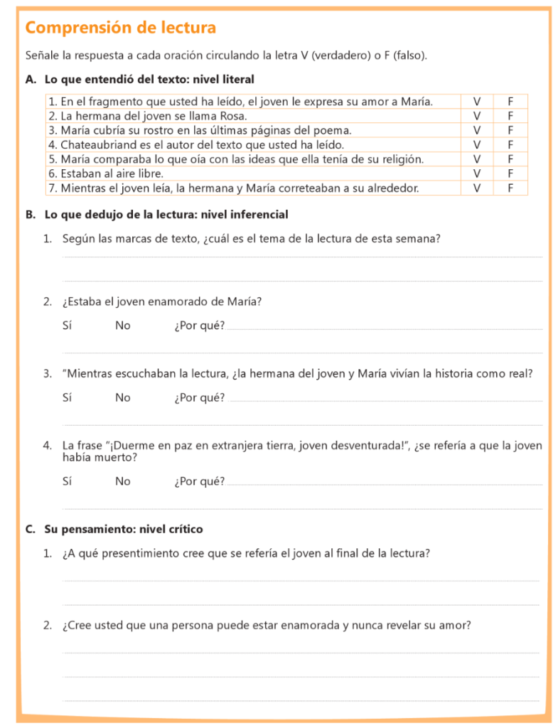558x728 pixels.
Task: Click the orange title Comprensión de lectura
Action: [x=120, y=28]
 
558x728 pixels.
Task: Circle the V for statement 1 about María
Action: [x=477, y=102]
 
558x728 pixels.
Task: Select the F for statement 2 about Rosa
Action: [x=510, y=116]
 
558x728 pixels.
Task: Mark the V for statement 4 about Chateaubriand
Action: [x=477, y=144]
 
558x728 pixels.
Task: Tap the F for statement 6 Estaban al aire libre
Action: [x=510, y=173]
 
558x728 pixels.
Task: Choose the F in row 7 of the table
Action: [x=510, y=188]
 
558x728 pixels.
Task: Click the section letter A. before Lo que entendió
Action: [x=31, y=80]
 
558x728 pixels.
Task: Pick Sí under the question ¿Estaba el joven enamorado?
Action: [x=67, y=326]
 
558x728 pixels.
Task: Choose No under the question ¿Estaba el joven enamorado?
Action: [x=123, y=326]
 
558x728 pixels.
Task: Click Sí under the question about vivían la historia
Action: [x=67, y=397]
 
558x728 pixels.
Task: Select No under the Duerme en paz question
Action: [x=123, y=481]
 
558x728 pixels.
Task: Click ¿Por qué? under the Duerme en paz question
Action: [x=200, y=481]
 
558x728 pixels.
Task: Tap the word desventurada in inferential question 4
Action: [x=366, y=446]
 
